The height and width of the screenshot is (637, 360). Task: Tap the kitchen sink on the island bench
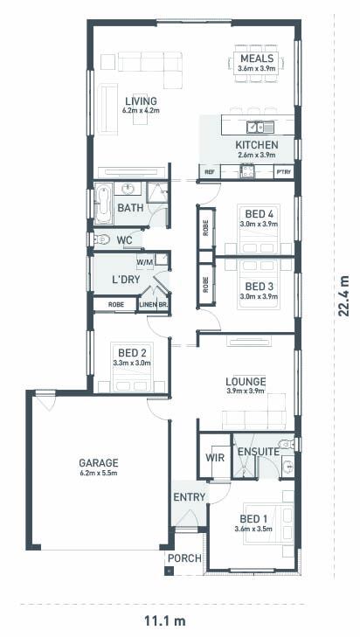[x=260, y=128]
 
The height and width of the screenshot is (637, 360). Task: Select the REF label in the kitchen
[x=209, y=172]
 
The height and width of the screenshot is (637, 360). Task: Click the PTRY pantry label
[x=284, y=172]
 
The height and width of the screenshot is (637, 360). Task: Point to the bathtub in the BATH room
[x=103, y=203]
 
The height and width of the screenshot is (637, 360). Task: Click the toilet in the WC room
[x=101, y=239]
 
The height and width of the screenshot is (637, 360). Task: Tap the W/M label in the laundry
[x=145, y=262]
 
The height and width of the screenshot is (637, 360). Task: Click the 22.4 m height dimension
[x=343, y=295]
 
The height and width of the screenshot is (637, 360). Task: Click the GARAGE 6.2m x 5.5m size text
[x=99, y=473]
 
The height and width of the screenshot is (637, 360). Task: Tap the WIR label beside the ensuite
[x=215, y=458]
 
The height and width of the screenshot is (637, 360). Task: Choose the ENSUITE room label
[x=259, y=452]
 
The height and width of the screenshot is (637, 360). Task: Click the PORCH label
[x=184, y=558]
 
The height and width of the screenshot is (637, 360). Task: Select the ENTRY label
[x=189, y=497]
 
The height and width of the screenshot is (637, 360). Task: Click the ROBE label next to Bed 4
[x=206, y=227]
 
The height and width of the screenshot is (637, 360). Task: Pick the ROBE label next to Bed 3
[x=206, y=284]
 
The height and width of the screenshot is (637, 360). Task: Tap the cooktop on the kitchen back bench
[x=246, y=172]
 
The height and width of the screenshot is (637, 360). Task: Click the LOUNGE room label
[x=246, y=382]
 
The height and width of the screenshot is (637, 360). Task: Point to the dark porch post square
[x=169, y=571]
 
